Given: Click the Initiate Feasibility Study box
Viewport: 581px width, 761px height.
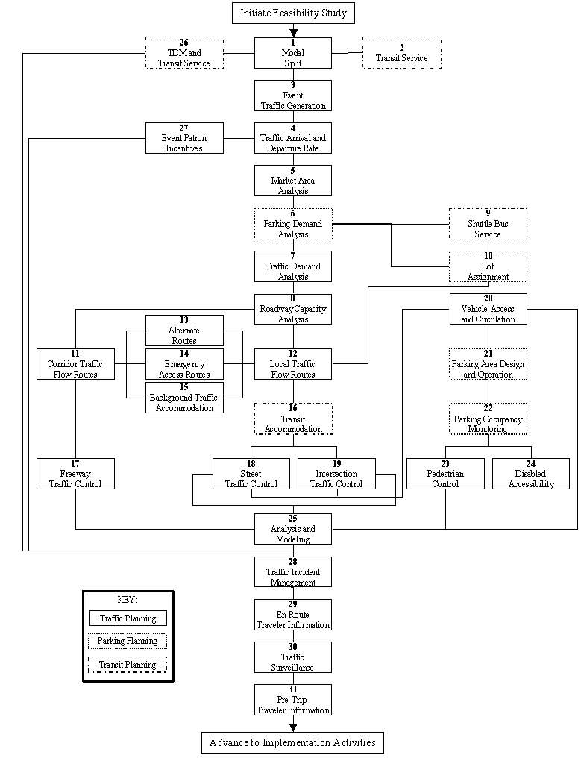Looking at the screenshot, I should coord(293,13).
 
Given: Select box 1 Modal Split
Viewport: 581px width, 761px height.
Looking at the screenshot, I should coord(293,53).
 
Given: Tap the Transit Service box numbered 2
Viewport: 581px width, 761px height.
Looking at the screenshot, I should coord(401,53).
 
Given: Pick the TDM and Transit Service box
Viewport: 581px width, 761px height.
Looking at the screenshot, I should coord(184,53).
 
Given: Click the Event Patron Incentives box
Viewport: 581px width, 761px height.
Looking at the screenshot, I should coord(184,138).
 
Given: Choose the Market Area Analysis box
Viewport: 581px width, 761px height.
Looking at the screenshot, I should coord(293,181).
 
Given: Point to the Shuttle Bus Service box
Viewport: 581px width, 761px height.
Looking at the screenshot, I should coord(488,224).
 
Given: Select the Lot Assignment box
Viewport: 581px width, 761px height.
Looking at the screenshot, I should coord(488,266).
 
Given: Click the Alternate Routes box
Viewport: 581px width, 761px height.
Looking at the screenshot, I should coord(184,331).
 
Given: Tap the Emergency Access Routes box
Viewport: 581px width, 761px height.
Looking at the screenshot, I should coord(184,364).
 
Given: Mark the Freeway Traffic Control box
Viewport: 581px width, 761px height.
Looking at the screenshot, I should coord(75,474).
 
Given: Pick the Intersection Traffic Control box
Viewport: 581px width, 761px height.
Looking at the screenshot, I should coord(336,474).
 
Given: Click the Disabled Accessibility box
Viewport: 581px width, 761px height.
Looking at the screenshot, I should coord(530,474).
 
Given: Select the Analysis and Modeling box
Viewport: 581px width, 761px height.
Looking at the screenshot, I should coord(293,529).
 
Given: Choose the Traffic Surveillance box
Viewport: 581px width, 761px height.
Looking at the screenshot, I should coord(293,657).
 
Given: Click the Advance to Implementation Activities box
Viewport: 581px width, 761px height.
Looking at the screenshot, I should coord(293,743).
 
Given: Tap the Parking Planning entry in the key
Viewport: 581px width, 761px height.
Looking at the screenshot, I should coord(128,641).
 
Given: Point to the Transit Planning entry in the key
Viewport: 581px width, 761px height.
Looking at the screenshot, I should coord(128,665).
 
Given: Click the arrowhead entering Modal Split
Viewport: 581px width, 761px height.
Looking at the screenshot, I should coord(293,33).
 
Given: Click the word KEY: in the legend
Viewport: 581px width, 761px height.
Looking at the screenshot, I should coord(128,600).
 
